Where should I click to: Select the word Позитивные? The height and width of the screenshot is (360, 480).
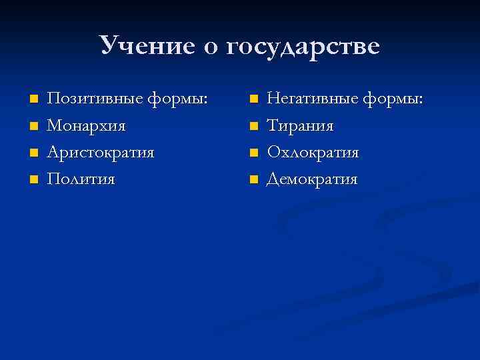point(94,99)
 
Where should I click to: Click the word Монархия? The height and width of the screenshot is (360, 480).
point(86,125)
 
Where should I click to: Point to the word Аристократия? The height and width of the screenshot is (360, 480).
point(101,152)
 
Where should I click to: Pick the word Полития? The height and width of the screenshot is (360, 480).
point(81,179)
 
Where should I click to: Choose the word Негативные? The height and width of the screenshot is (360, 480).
point(311,99)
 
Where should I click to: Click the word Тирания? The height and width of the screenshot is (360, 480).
point(301,125)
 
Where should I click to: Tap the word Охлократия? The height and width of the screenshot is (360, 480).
point(313,152)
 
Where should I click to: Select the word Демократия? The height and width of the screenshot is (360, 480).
point(312,179)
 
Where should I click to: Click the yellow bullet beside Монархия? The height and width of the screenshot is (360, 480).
point(33,126)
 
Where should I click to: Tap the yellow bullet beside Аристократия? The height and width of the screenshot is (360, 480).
point(33,153)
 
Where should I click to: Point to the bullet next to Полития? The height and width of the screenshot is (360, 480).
point(33,179)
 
